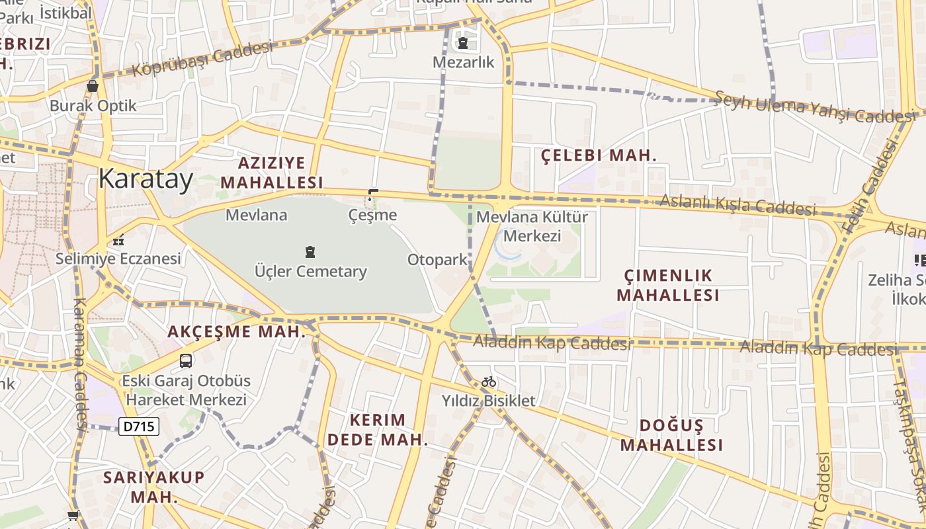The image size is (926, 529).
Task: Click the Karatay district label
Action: click(146, 179)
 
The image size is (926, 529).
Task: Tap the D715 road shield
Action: click(139, 427)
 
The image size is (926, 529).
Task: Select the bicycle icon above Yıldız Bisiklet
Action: click(489, 382)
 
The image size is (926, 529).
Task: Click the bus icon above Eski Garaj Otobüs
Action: click(186, 361)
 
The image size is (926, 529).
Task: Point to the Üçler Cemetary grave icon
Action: click(310, 252)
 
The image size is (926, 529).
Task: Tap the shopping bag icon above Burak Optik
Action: click(93, 86)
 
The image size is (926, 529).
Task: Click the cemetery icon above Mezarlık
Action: click(463, 44)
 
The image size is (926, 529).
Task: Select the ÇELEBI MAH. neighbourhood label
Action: click(599, 156)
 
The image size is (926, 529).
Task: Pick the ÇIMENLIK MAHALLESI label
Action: click(668, 285)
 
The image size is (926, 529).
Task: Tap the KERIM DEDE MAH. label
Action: click(377, 429)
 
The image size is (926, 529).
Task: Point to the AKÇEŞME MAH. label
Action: click(236, 332)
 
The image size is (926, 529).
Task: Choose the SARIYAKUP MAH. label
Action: click(154, 487)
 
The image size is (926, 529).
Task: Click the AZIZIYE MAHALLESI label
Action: click(272, 172)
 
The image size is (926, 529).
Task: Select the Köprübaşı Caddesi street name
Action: click(202, 60)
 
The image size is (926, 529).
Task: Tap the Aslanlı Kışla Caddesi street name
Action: click(738, 205)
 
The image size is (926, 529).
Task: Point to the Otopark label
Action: click(437, 260)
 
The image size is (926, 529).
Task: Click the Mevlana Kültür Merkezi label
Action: click(532, 226)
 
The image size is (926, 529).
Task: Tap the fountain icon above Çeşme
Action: click(372, 195)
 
